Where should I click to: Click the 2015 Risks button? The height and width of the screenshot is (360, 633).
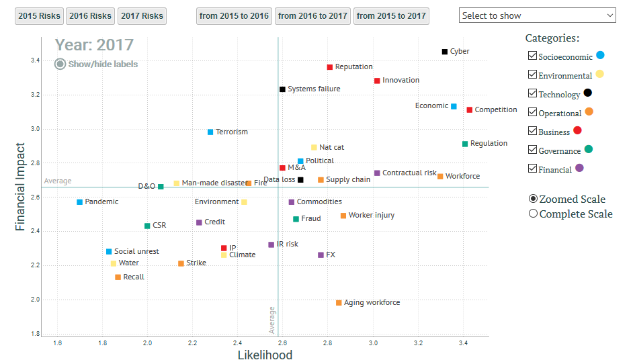[39, 15]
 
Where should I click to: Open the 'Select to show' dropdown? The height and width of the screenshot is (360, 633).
[538, 15]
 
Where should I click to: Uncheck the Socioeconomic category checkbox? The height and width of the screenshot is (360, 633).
[533, 56]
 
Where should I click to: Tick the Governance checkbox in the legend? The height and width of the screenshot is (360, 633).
[533, 150]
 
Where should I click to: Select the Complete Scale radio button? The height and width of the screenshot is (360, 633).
[534, 214]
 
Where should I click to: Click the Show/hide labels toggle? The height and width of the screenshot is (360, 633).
[60, 64]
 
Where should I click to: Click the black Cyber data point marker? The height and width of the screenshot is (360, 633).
[445, 52]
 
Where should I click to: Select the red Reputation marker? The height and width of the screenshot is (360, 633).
[330, 67]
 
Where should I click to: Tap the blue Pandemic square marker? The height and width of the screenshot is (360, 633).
[80, 202]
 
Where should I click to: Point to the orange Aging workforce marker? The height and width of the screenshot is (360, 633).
[339, 303]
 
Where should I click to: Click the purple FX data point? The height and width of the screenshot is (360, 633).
[321, 255]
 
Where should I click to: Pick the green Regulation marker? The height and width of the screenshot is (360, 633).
[465, 144]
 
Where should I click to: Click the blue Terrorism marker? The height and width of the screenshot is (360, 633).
[210, 132]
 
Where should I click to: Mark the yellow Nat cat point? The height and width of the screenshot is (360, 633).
[314, 148]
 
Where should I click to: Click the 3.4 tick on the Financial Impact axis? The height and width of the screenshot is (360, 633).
[34, 61]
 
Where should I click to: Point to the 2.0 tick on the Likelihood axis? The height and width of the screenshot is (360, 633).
[148, 343]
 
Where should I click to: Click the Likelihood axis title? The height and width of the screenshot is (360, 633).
[265, 355]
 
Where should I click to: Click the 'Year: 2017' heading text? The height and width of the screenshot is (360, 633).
[94, 45]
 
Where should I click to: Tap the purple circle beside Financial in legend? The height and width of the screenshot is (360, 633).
[579, 168]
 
